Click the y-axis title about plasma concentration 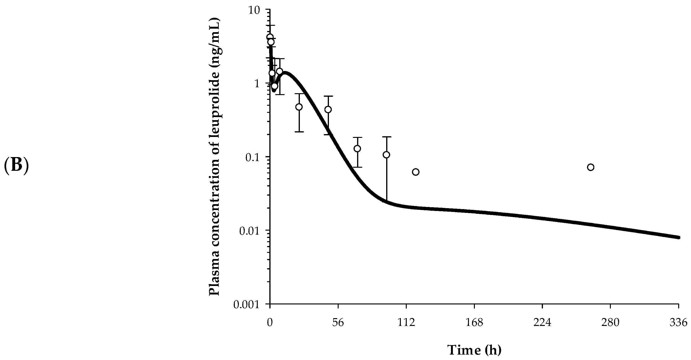coord(214,157)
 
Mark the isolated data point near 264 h coord(590,167)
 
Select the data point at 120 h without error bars coord(415,172)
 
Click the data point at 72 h coord(357,149)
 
